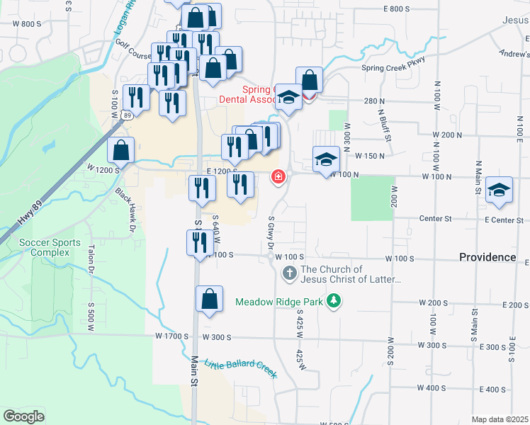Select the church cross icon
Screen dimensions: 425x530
coord(289,273)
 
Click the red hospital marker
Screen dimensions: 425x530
coord(278,176)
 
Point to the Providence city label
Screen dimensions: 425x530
coord(487,257)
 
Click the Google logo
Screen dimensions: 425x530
coord(24,416)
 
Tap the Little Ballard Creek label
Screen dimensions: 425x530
coord(240,369)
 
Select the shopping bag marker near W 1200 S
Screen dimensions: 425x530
coord(121,150)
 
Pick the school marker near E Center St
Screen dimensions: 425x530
coord(500,190)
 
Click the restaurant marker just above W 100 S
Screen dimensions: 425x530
coord(196,243)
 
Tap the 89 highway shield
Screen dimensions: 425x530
coord(126,115)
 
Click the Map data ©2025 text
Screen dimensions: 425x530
coord(500,419)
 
